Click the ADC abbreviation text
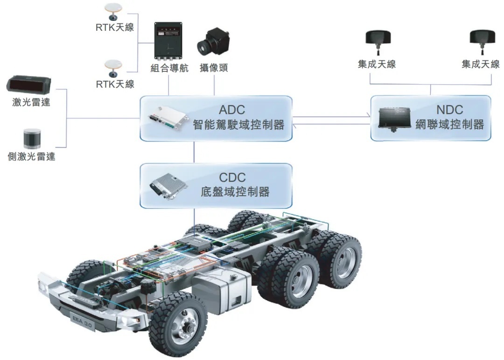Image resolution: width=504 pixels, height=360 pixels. (232, 110)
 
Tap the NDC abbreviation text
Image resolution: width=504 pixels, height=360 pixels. (450, 110)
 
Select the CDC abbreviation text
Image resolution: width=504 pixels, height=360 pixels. (232, 177)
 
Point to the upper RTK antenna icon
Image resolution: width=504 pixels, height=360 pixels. (113, 12)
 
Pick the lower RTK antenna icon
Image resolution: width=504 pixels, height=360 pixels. (113, 68)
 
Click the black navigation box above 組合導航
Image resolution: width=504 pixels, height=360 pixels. (168, 41)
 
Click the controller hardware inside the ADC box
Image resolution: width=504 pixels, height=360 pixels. (168, 119)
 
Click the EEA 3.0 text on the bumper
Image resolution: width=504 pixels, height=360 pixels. (82, 322)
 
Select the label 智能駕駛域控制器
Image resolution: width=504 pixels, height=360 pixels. (238, 125)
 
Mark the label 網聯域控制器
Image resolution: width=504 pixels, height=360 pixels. (450, 124)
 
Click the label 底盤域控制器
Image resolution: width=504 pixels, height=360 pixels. (235, 192)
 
